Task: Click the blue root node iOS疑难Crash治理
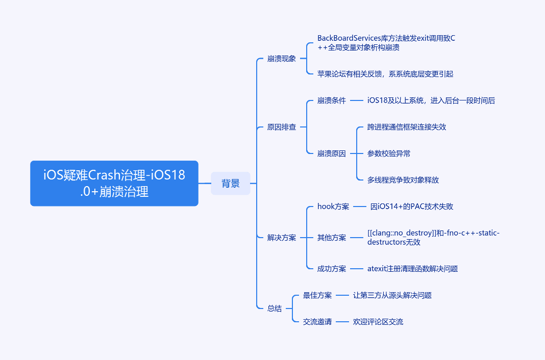pyautogui.click(x=114, y=183)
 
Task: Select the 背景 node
pyautogui.click(x=231, y=183)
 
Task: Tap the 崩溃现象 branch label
pyautogui.click(x=281, y=59)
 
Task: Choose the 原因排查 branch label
pyautogui.click(x=281, y=127)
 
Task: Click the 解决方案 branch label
pyautogui.click(x=281, y=238)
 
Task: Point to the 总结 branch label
pyautogui.click(x=274, y=308)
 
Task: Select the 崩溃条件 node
pyautogui.click(x=331, y=100)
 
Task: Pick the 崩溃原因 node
pyautogui.click(x=331, y=153)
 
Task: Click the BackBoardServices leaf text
pyautogui.click(x=386, y=43)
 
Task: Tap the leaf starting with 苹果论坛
pyautogui.click(x=385, y=74)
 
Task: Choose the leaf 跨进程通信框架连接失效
pyautogui.click(x=406, y=127)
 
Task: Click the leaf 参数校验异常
pyautogui.click(x=388, y=153)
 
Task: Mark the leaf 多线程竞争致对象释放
pyautogui.click(x=403, y=180)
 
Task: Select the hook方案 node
pyautogui.click(x=333, y=207)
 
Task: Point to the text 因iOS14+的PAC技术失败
pyautogui.click(x=411, y=207)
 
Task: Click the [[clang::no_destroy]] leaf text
pyautogui.click(x=433, y=238)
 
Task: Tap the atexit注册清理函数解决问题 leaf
pyautogui.click(x=412, y=269)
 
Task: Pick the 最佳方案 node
pyautogui.click(x=317, y=295)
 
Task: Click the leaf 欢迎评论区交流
pyautogui.click(x=378, y=322)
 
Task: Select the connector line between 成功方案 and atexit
pyautogui.click(x=357, y=269)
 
